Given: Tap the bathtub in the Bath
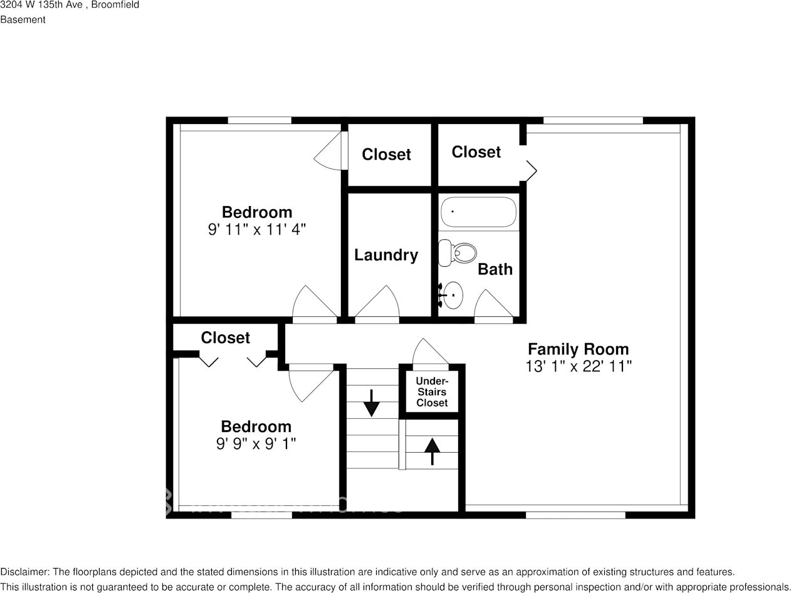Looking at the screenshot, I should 478,212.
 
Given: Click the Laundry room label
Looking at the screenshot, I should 385,255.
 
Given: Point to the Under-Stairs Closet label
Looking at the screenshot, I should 432,392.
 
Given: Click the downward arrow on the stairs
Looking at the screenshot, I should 372,403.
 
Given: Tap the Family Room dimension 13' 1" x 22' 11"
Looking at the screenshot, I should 578,366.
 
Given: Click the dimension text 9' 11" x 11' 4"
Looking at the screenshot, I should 256,229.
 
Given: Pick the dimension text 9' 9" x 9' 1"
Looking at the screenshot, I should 256,443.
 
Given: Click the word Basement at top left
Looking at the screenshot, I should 23,19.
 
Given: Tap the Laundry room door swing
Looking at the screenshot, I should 377,303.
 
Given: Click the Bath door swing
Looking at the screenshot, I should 493,304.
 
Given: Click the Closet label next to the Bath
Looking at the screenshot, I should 476,152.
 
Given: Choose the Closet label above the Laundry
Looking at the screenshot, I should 386,155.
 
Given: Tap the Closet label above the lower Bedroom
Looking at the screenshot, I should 225,338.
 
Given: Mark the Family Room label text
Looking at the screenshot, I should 578,349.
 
